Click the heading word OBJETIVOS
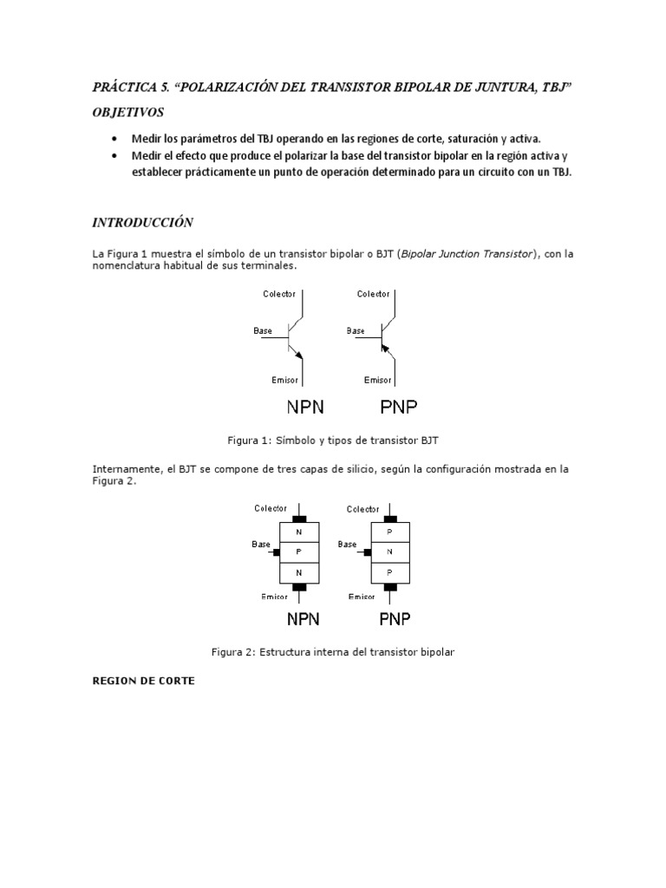(128, 113)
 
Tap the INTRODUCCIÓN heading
(142, 223)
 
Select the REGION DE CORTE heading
(143, 681)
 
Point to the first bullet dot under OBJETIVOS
(115, 139)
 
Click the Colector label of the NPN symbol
(279, 294)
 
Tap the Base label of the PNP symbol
(356, 330)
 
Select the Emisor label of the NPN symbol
(284, 380)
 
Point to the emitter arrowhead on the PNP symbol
(383, 346)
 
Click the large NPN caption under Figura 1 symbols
(305, 407)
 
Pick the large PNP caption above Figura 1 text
(399, 407)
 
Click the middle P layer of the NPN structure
(299, 551)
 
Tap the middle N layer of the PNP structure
(389, 551)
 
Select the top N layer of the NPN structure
(299, 530)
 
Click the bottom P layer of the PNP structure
(389, 571)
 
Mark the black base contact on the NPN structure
(276, 552)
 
